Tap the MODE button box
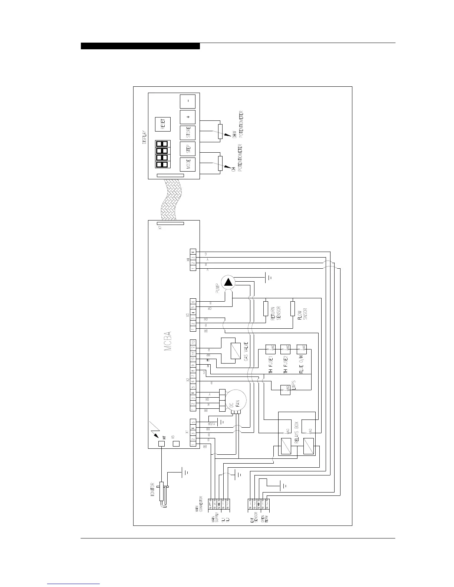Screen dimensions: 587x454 click(187, 165)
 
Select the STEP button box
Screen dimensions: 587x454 click(187, 149)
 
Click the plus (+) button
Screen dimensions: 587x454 click(187, 117)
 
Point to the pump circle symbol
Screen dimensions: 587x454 click(228, 283)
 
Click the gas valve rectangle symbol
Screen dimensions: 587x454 click(235, 351)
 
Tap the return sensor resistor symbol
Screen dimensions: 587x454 click(266, 308)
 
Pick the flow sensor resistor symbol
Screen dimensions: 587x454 click(293, 308)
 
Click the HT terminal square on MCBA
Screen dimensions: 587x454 click(161, 444)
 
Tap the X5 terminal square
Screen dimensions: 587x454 click(177, 444)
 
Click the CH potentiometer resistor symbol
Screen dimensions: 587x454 click(220, 163)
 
